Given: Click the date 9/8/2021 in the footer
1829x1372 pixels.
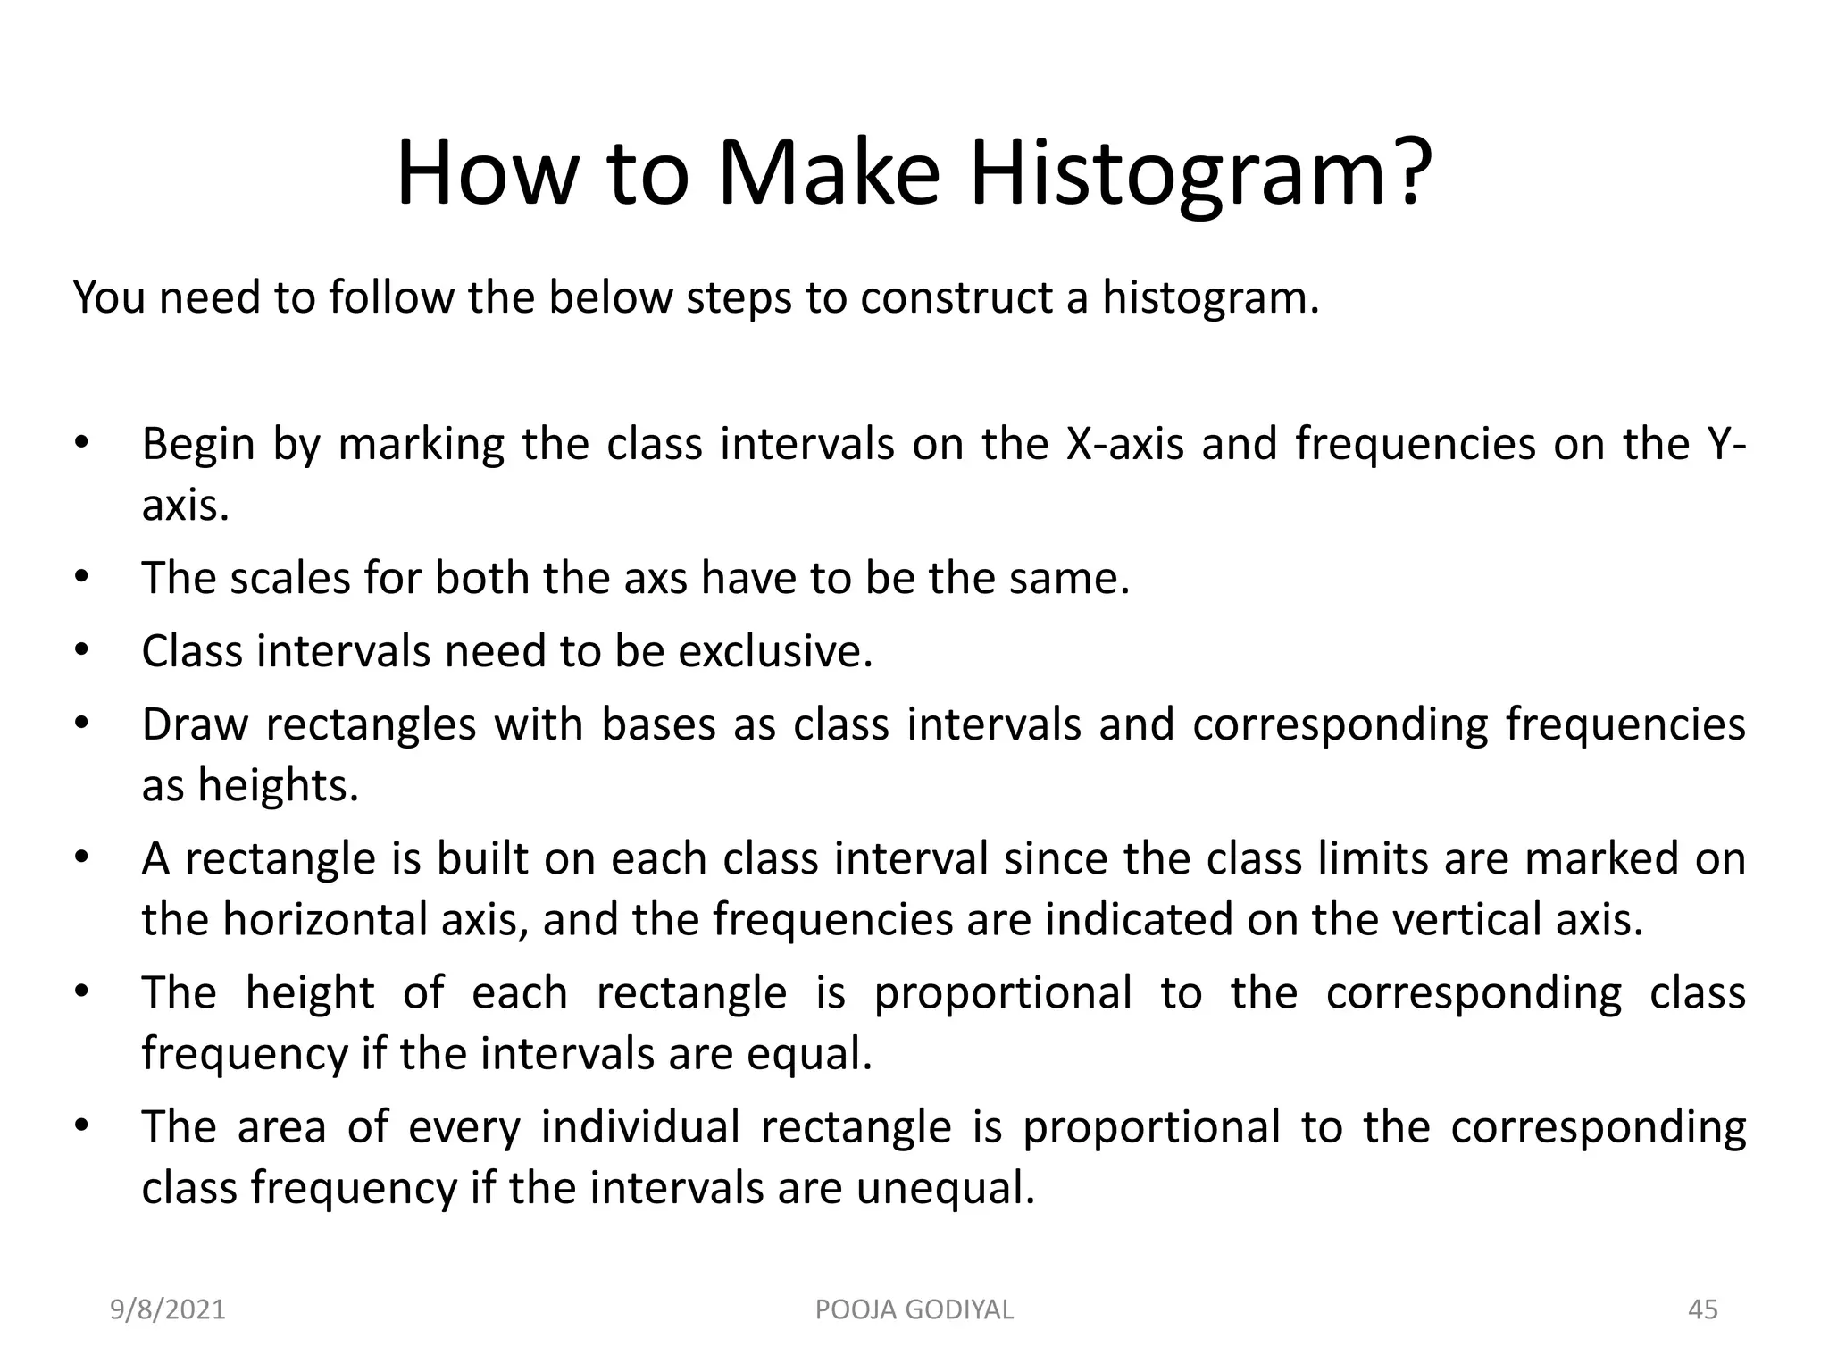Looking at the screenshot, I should (x=167, y=1310).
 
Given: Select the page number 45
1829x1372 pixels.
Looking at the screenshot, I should (x=1702, y=1310).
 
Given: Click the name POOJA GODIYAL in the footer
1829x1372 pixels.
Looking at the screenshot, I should (x=914, y=1310).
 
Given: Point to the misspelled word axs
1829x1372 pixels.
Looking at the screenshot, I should (x=656, y=578).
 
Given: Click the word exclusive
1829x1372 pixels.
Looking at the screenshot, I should (x=774, y=650).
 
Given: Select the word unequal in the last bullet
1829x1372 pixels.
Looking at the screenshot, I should (x=945, y=1189).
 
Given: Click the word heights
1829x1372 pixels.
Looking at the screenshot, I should (x=278, y=785).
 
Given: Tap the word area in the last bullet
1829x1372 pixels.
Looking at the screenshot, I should (x=281, y=1127).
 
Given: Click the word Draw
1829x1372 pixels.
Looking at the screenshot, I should (x=195, y=724).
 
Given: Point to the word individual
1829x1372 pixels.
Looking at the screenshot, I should (x=639, y=1127).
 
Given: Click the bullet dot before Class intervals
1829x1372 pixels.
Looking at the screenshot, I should (x=81, y=650).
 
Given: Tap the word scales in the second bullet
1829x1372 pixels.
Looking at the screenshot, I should (x=289, y=578).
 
